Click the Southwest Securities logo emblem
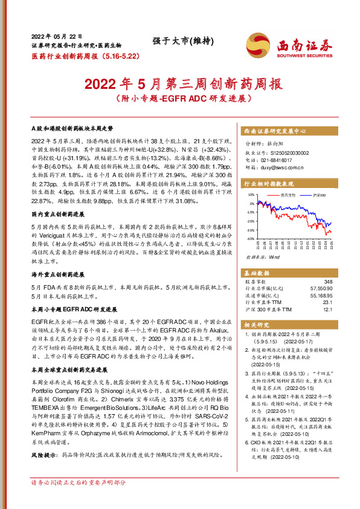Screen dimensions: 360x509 (x=256, y=45)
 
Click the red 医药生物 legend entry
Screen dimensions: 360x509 (x=288, y=195)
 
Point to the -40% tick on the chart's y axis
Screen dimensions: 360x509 (x=250, y=239)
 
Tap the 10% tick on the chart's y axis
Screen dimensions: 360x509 (x=251, y=195)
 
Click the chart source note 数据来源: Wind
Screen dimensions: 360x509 (x=260, y=257)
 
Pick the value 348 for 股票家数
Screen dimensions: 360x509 (x=328, y=282)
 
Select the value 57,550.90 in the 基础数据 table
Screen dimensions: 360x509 (x=320, y=289)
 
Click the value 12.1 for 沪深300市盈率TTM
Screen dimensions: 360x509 (x=328, y=310)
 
